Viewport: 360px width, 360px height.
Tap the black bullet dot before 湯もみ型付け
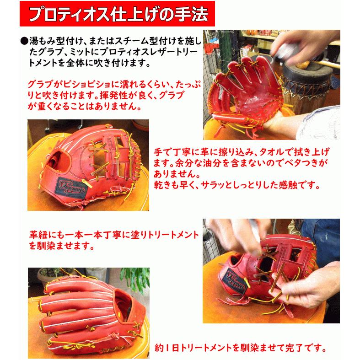point(24,41)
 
